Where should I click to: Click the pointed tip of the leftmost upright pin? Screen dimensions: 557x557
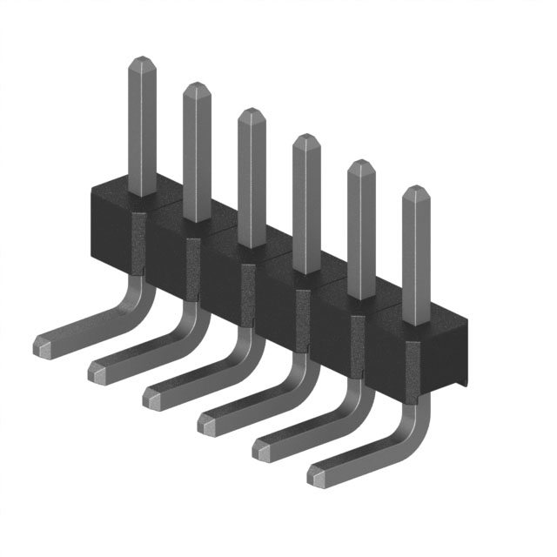pyautogui.click(x=142, y=61)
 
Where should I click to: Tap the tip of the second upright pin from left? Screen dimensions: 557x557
pyautogui.click(x=196, y=87)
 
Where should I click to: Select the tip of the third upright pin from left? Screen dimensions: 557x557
pyautogui.click(x=251, y=112)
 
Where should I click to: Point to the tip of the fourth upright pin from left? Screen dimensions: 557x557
pyautogui.click(x=305, y=138)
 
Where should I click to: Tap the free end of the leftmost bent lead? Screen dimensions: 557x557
pyautogui.click(x=44, y=346)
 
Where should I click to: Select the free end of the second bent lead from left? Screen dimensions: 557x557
pyautogui.click(x=98, y=372)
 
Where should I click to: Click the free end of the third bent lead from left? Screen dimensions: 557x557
pyautogui.click(x=153, y=398)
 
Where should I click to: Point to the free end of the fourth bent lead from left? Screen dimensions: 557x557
pyautogui.click(x=208, y=424)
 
